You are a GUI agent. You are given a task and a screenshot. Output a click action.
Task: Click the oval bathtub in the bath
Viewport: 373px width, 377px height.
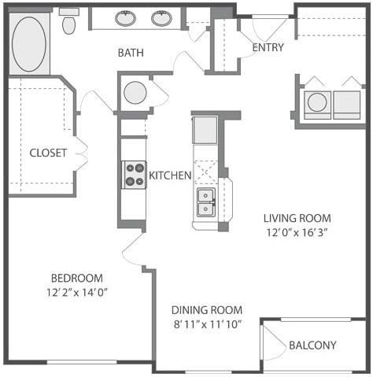pos(29,44)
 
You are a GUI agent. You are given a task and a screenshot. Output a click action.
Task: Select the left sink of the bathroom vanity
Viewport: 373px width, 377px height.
pos(126,18)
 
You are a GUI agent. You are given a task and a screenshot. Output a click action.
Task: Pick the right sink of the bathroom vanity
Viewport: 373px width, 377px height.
pos(161,18)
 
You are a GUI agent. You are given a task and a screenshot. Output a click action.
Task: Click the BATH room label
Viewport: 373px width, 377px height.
pos(131,53)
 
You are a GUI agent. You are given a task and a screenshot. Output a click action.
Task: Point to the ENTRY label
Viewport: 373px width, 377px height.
pos(268,47)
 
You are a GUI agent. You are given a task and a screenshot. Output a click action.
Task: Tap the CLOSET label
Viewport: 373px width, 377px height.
pos(48,153)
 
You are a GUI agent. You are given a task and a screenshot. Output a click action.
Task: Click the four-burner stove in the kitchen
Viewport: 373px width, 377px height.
pos(134,175)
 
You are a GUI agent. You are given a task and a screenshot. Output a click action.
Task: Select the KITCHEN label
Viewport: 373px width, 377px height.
pos(170,176)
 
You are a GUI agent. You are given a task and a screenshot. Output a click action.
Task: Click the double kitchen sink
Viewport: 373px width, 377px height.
pos(206,202)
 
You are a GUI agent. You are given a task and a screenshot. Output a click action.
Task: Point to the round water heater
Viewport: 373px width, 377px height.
pos(135,93)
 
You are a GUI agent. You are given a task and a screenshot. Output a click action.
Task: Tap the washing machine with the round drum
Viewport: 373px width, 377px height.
pos(317,105)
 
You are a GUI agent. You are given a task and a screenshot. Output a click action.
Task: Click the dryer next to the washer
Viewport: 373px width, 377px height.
pos(347,105)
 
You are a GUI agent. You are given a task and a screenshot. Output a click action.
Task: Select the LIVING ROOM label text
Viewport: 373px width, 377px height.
pos(297,218)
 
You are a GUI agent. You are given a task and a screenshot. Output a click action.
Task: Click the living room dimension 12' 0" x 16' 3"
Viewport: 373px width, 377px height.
pos(297,232)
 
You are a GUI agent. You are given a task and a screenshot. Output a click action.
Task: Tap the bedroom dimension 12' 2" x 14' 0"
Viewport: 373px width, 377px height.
pos(77,292)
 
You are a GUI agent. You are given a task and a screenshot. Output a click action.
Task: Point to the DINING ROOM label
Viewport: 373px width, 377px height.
pos(207,310)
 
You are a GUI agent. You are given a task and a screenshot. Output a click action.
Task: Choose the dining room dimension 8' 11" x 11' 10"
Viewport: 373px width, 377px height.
pos(208,325)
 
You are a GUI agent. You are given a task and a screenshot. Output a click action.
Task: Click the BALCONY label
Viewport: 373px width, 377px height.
pos(312,346)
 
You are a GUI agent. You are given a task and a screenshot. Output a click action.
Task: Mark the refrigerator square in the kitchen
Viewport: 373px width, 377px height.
pos(205,130)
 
